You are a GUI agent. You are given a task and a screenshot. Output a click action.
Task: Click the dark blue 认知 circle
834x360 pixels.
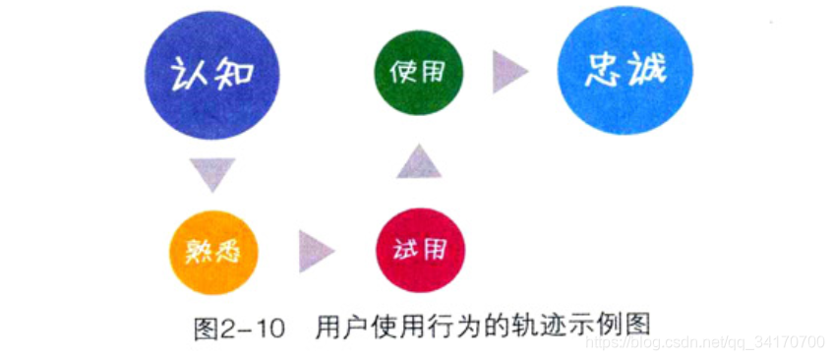coord(211,77)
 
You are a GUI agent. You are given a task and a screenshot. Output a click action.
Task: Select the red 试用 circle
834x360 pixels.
coord(420,248)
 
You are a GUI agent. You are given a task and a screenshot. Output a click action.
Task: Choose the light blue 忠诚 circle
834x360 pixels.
coord(625,74)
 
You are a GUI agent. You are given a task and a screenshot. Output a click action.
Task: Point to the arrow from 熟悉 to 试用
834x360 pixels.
coord(315,249)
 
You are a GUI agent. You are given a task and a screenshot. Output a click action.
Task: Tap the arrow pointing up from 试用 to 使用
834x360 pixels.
coord(420,160)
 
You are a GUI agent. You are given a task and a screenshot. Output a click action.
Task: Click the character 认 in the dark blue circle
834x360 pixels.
coord(189,77)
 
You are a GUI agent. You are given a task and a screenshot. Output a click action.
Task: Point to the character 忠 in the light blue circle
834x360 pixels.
coord(602,73)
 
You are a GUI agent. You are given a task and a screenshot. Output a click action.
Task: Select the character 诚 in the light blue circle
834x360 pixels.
coord(648,73)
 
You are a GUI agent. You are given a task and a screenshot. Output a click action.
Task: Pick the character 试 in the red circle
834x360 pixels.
coord(405,249)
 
